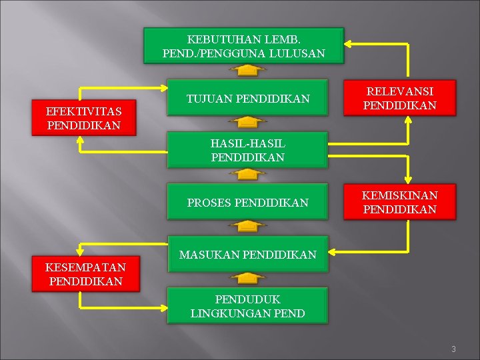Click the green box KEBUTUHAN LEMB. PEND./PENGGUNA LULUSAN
pyautogui.click(x=243, y=45)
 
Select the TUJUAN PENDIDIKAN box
pyautogui.click(x=248, y=99)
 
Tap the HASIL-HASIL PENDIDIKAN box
pyautogui.click(x=247, y=151)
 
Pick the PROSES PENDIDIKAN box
pyautogui.click(x=248, y=202)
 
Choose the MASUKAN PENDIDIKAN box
pyautogui.click(x=247, y=254)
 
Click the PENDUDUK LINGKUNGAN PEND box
pyautogui.click(x=247, y=306)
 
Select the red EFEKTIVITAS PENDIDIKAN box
pyautogui.click(x=84, y=118)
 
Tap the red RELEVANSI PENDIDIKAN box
pyautogui.click(x=399, y=98)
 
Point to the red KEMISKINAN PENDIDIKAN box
pyautogui.click(x=399, y=202)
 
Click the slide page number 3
pyautogui.click(x=453, y=349)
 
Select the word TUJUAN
pyautogui.click(x=208, y=99)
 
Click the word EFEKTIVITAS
pyautogui.click(x=84, y=111)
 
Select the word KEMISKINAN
pyautogui.click(x=399, y=195)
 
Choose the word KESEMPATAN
pyautogui.click(x=85, y=267)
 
